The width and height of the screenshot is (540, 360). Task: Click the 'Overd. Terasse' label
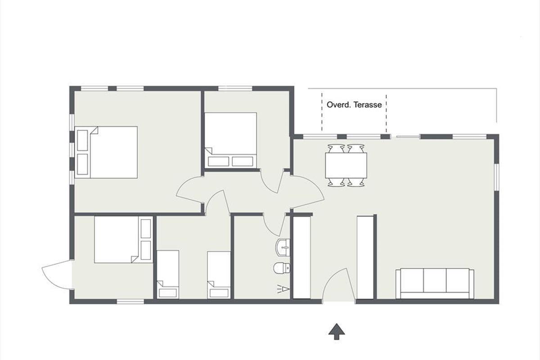tap(354, 105)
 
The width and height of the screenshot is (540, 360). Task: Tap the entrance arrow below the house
tap(337, 331)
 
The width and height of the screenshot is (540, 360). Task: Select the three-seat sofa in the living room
tap(435, 283)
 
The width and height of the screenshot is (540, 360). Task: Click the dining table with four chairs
tap(346, 166)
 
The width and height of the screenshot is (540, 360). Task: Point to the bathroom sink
tap(283, 247)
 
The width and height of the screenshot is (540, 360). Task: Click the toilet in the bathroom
tap(282, 268)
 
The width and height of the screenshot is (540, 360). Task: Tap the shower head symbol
tap(283, 288)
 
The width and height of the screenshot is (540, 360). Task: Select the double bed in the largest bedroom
tap(106, 152)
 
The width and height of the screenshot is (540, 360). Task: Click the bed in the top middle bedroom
tap(230, 140)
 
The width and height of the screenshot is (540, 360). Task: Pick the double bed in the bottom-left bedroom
tap(123, 239)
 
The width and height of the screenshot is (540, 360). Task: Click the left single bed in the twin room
tap(168, 274)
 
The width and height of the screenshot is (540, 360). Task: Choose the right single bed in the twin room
tap(219, 275)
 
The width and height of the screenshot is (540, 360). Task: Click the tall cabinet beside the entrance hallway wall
tap(301, 257)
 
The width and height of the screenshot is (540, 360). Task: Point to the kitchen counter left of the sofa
tap(365, 257)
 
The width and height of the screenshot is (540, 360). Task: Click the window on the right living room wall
tap(496, 177)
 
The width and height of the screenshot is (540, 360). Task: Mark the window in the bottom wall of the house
tap(130, 301)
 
